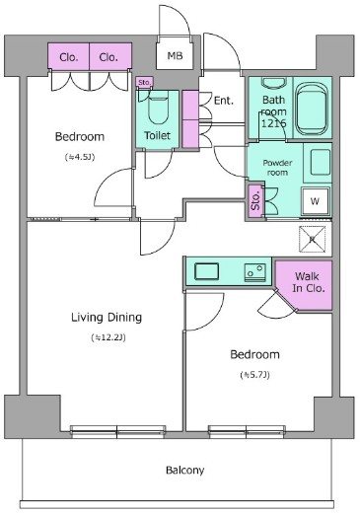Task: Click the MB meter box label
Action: (175, 55)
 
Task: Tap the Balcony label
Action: (184, 471)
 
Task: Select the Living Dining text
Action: (107, 318)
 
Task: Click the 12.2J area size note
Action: (108, 337)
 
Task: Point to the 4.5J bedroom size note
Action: (80, 157)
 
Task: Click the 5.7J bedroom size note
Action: (254, 375)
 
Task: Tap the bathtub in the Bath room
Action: (312, 109)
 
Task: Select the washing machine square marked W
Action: (315, 201)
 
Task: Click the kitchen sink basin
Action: (206, 271)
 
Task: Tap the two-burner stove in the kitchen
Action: (255, 272)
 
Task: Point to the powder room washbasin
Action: (321, 162)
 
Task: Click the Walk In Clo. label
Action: (308, 282)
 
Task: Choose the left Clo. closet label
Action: (69, 57)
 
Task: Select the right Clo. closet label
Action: (108, 57)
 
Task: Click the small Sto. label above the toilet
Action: (144, 82)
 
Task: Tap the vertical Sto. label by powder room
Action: (255, 200)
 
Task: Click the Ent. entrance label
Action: (224, 100)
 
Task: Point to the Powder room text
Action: (277, 168)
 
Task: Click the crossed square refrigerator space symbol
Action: (312, 239)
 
